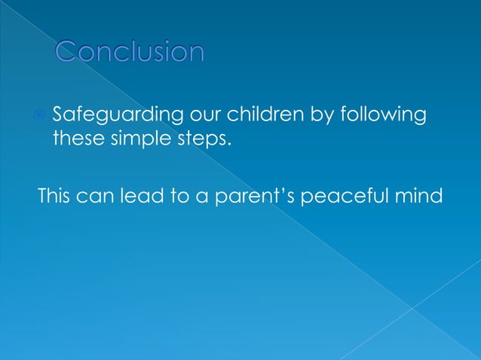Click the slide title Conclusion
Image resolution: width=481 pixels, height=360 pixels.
(130, 51)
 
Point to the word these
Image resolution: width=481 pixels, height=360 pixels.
(73, 139)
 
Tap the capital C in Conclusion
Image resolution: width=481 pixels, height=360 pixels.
(69, 51)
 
